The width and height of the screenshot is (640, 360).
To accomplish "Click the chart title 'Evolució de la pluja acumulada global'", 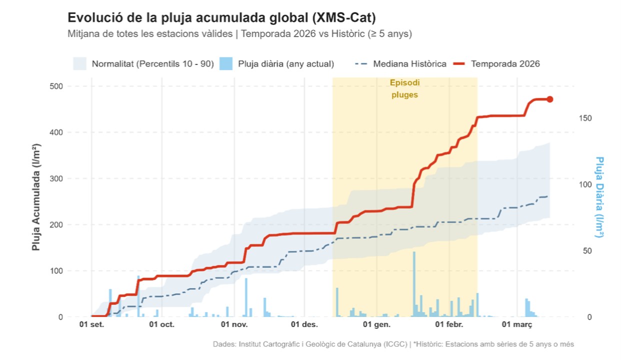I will [x=221, y=18].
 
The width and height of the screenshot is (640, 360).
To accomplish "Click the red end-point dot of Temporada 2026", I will [x=550, y=99].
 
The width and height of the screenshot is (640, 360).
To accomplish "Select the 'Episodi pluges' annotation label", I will [x=404, y=88].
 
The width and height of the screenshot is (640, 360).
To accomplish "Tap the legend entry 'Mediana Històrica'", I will [x=409, y=64].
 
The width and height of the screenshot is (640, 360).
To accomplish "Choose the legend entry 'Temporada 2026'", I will [x=505, y=64].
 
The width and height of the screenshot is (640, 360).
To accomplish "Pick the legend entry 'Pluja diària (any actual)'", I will [x=286, y=64].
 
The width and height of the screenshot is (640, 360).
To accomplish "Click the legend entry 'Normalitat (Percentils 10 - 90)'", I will [x=152, y=64].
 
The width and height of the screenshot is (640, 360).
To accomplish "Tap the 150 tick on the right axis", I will [x=585, y=118].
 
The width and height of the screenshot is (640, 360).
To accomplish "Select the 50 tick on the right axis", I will [x=585, y=250].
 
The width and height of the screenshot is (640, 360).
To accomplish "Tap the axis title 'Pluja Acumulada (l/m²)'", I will [x=36, y=197].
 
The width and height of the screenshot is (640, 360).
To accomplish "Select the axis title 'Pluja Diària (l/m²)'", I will [x=599, y=197].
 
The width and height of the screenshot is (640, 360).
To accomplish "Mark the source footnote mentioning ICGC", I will [x=393, y=344].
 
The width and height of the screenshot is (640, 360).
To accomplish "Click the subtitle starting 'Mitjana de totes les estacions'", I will [x=239, y=34].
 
